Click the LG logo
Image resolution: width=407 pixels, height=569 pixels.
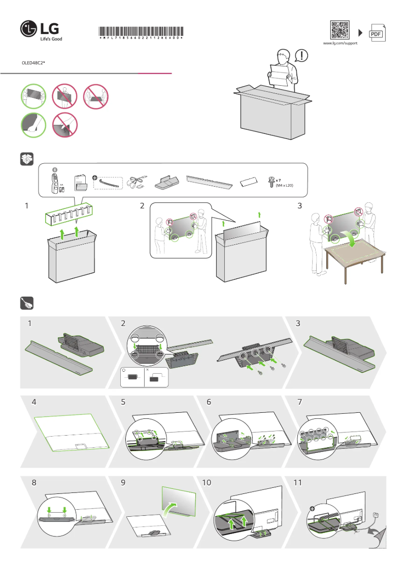(x=41, y=31)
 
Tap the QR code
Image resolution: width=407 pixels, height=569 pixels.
(x=340, y=30)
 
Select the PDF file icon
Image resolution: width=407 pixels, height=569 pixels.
(x=376, y=33)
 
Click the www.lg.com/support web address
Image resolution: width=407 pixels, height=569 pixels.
(x=340, y=44)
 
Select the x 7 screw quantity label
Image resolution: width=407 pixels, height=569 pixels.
(x=278, y=180)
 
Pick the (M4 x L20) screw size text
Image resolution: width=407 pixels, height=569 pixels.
(x=284, y=186)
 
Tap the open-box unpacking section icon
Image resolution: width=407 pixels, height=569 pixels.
(x=26, y=159)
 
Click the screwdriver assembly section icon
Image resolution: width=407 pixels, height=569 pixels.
(x=26, y=303)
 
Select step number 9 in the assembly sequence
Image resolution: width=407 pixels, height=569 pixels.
(x=123, y=483)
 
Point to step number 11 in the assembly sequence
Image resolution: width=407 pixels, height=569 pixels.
(x=298, y=483)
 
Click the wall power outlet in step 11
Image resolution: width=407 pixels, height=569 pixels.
(x=376, y=515)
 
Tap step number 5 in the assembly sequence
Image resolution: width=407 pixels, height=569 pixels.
(x=123, y=402)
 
